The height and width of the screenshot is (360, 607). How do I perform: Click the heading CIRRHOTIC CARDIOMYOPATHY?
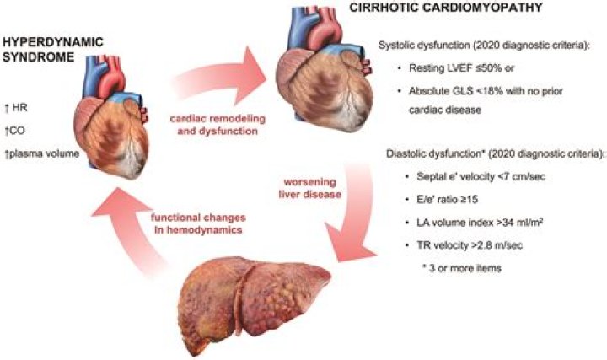point(446,8)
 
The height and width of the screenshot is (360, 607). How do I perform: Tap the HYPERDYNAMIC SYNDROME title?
point(53,49)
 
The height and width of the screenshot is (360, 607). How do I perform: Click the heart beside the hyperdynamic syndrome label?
point(112,117)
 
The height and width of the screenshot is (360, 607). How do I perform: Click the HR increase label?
point(16,108)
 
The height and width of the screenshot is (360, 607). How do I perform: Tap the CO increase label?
point(14,131)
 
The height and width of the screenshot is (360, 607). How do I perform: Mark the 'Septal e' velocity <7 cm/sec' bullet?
point(481,176)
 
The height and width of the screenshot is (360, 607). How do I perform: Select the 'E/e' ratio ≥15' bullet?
point(447,199)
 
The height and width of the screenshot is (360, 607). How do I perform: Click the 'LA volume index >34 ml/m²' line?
point(479,223)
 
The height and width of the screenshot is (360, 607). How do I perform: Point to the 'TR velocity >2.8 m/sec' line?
point(470,245)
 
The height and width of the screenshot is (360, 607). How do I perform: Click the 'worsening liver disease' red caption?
point(310,188)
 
